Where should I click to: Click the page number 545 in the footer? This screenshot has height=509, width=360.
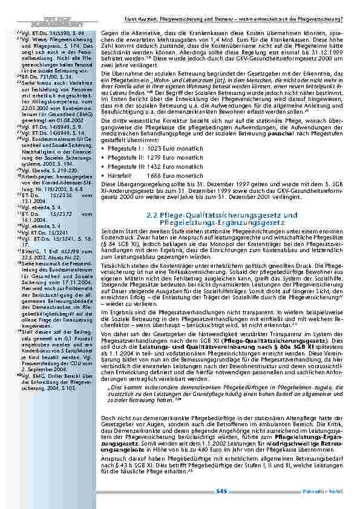pyautogui.click(x=221, y=491)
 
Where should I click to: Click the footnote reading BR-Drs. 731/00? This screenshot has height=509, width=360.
pyautogui.click(x=31, y=78)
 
